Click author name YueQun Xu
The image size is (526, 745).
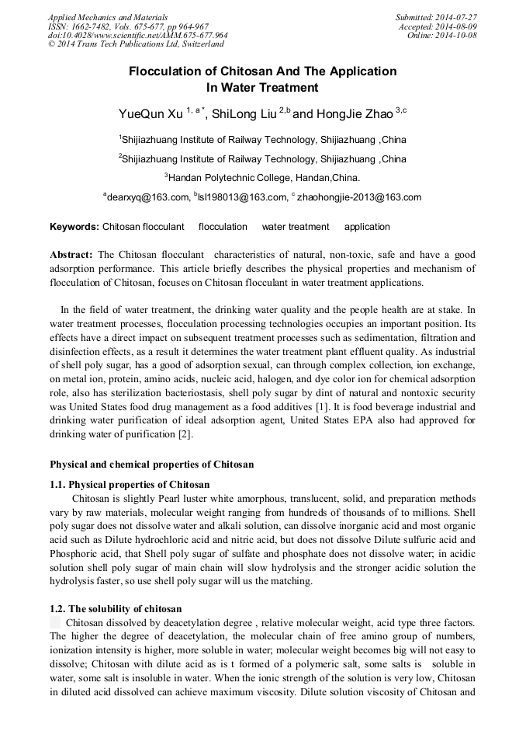pyautogui.click(x=151, y=114)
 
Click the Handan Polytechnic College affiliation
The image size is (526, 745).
pyautogui.click(x=262, y=178)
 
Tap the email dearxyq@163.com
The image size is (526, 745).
pyautogui.click(x=147, y=197)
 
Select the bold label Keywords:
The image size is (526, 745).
pyautogui.click(x=74, y=227)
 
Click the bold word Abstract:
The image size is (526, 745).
pyautogui.click(x=71, y=255)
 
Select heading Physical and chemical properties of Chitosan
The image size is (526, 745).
pyautogui.click(x=151, y=465)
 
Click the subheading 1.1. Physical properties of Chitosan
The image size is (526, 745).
pyautogui.click(x=130, y=484)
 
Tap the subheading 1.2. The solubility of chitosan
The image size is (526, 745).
pyautogui.click(x=116, y=608)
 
